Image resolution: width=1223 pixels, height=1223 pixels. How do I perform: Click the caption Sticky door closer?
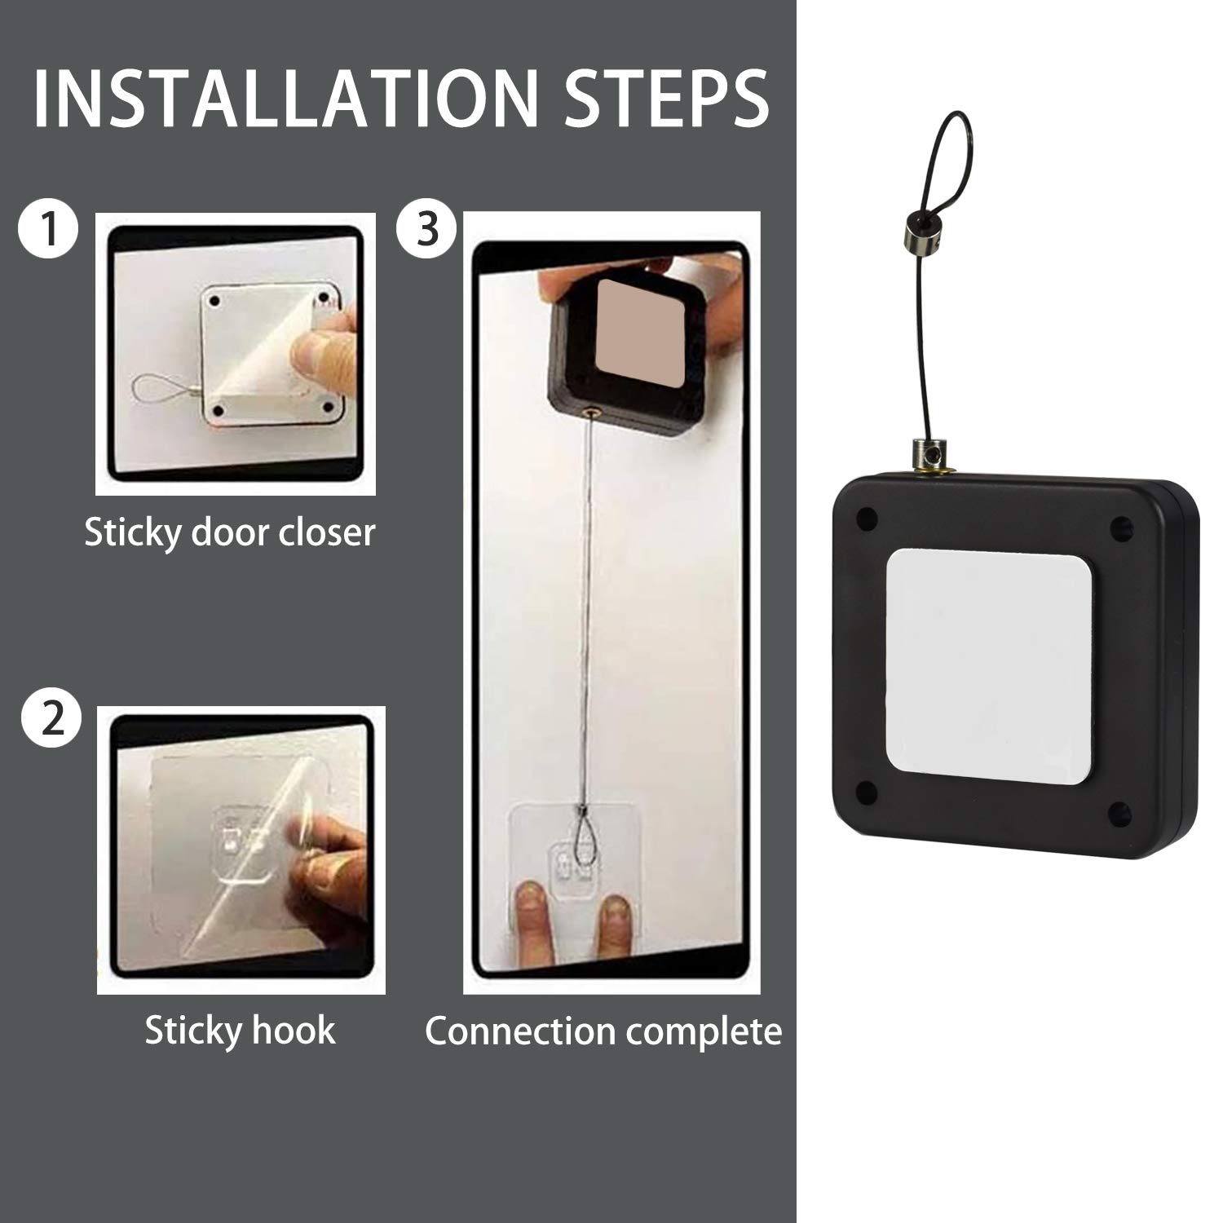click(230, 532)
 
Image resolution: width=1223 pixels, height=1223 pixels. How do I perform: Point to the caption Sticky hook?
click(240, 1030)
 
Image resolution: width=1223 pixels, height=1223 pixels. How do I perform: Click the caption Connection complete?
click(603, 1031)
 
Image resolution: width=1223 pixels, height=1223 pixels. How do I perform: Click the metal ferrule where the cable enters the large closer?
click(926, 453)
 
